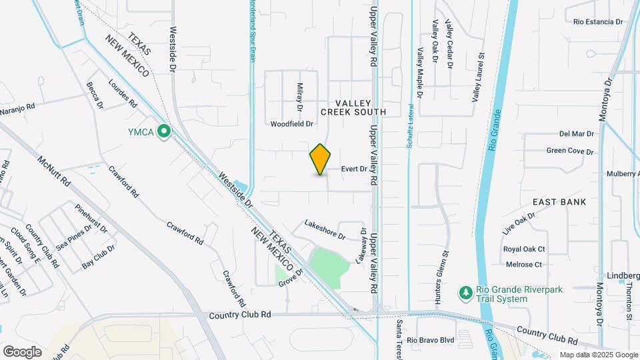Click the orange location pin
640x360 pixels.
(320, 159)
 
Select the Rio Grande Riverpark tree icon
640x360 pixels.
(465, 293)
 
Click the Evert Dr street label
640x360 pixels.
(354, 169)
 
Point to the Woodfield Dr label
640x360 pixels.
(291, 124)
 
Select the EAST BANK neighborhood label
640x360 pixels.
(559, 202)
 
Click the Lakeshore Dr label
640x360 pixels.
(325, 230)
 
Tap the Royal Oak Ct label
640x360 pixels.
(524, 249)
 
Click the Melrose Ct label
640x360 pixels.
(523, 265)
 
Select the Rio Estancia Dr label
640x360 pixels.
(597, 22)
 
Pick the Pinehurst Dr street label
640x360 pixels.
(91, 217)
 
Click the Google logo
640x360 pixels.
(22, 351)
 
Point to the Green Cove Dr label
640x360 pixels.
(569, 151)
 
